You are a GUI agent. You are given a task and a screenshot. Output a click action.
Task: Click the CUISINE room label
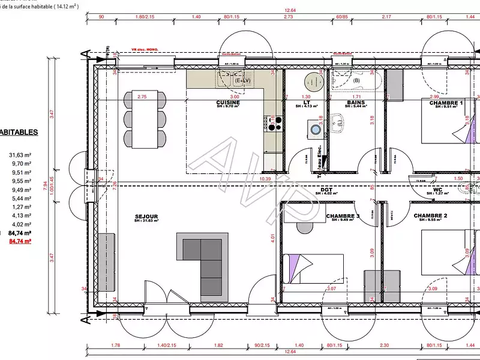point(228,103)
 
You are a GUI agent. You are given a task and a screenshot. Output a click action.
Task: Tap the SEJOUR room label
point(146,216)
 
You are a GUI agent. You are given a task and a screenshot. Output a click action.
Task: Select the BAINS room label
point(356,103)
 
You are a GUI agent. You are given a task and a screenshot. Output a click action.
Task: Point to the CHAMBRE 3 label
point(343,216)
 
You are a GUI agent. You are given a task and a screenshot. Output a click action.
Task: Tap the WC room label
point(438,189)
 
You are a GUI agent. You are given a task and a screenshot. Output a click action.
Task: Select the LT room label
point(307,103)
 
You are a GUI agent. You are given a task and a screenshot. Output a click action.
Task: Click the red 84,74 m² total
point(21,241)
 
